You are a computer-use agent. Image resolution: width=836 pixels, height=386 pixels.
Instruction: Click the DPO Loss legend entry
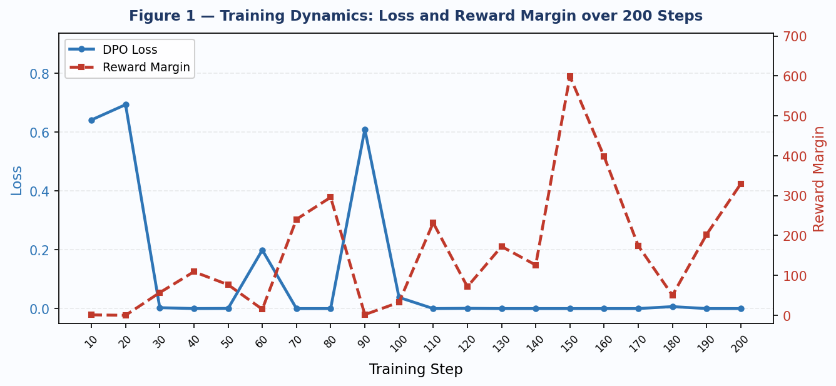coord(130,50)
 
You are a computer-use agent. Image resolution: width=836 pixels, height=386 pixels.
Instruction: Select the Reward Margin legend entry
coord(146,67)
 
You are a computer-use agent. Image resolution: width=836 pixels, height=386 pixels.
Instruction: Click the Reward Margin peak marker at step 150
coord(570,77)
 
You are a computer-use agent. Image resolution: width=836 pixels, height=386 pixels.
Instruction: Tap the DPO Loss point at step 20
coord(126,104)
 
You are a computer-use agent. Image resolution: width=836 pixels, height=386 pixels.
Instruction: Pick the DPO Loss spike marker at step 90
coord(365,130)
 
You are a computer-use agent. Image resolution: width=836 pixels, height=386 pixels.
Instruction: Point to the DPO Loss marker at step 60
coord(262,250)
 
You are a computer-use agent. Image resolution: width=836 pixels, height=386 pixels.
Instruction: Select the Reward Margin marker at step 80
coord(330,197)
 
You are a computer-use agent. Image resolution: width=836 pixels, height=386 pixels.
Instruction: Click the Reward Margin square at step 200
coord(741,184)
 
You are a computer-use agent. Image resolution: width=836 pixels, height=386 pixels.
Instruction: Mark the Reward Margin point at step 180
coord(673,295)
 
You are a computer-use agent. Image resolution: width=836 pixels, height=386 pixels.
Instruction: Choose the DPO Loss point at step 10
coord(91,120)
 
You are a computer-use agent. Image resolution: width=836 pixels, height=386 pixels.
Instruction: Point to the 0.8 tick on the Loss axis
coord(39,74)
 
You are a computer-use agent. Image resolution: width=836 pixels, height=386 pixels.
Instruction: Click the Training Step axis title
coord(415,370)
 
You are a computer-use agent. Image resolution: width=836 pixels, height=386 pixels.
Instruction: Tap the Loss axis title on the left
coord(17,180)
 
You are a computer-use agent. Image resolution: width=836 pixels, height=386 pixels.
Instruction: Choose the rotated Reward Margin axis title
coord(819,179)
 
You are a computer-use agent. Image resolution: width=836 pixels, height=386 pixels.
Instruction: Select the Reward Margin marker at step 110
coord(433,223)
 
